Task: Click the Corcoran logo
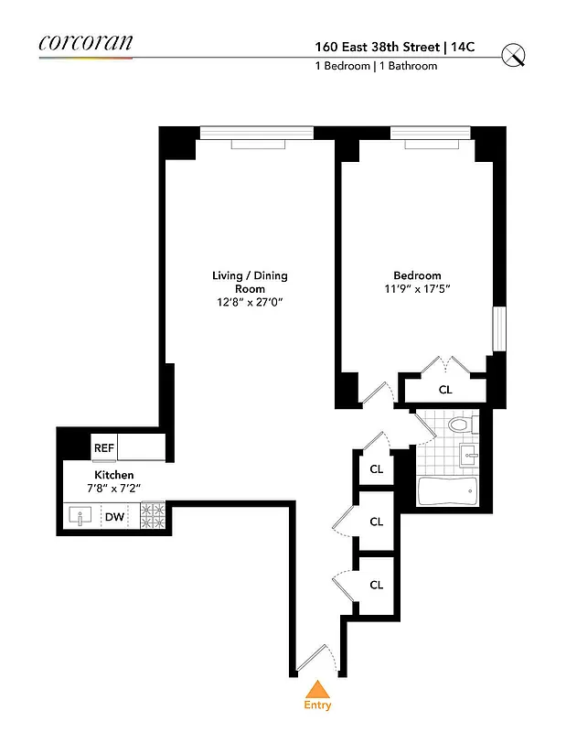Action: (86, 42)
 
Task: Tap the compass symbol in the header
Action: (515, 55)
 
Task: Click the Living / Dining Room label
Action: (250, 282)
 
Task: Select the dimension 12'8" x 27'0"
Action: (250, 303)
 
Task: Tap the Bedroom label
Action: (417, 275)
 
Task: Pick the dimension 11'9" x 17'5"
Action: (417, 289)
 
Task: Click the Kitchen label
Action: (111, 475)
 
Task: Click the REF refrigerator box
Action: (103, 448)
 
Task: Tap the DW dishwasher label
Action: (114, 517)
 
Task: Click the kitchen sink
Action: (80, 517)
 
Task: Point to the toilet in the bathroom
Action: (463, 425)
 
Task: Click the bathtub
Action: (446, 493)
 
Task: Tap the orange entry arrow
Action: (317, 689)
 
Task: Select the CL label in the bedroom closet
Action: (445, 389)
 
